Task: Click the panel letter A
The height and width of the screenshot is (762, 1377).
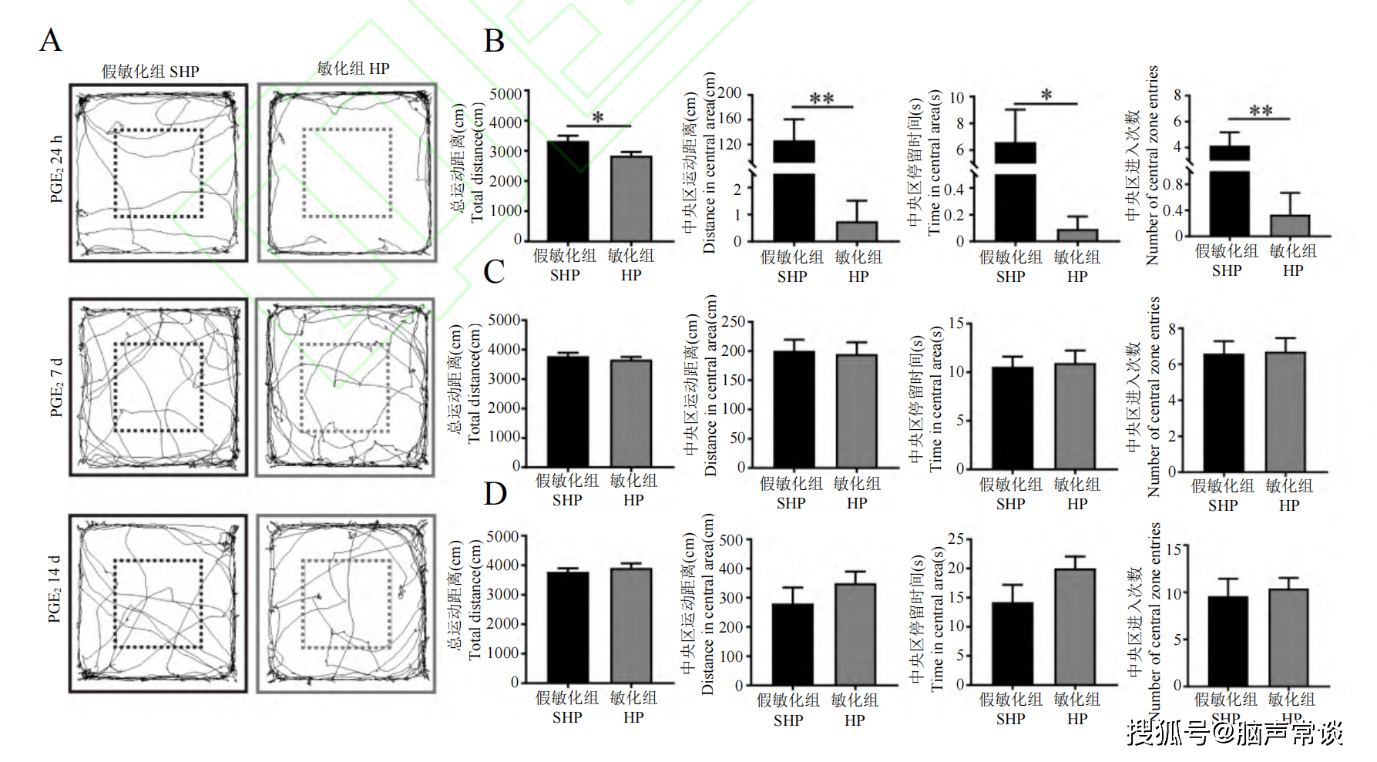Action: [x=50, y=40]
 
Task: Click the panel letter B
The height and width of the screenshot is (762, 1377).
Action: [x=494, y=41]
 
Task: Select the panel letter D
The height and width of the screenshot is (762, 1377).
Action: [x=495, y=493]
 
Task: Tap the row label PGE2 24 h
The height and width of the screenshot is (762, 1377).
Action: [x=56, y=170]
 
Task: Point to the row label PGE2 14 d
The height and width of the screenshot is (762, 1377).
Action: [x=54, y=589]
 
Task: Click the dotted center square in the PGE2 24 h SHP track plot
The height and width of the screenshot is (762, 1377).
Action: [x=159, y=173]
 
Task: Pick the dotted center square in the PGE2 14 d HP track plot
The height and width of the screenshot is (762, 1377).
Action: [x=347, y=604]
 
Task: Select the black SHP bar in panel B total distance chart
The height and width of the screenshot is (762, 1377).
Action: [x=568, y=190]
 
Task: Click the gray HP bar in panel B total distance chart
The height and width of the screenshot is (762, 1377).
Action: [x=631, y=198]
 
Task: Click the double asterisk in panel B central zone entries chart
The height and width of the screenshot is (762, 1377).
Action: [x=1261, y=111]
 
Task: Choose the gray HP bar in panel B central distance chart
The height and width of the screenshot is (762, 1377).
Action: [x=857, y=231]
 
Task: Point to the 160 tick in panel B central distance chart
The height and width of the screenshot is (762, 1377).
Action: [x=730, y=119]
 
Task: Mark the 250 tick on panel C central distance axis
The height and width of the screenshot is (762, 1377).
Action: [x=733, y=321]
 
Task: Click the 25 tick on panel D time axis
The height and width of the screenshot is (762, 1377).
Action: [x=956, y=539]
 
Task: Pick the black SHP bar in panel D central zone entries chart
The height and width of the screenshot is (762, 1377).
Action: [x=1228, y=640]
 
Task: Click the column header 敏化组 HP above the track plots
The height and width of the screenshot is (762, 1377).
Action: [x=353, y=69]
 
